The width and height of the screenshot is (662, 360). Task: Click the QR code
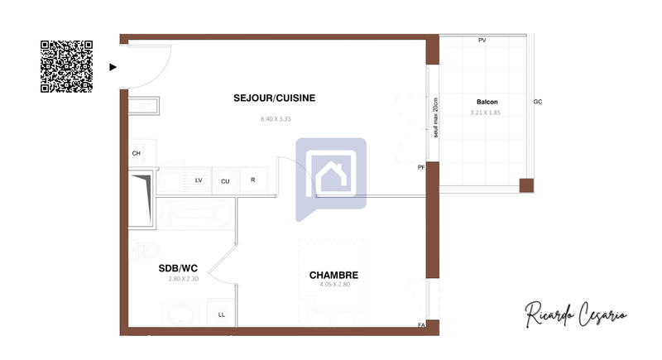coord(66,65)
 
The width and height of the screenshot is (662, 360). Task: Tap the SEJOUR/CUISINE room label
coord(274,98)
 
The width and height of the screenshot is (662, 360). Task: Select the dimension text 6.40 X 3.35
coord(276,119)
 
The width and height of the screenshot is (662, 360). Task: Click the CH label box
coord(136,153)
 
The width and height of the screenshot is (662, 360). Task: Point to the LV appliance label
coord(199,180)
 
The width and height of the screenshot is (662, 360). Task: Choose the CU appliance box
coord(225,180)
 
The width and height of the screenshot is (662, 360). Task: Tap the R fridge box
coord(252,180)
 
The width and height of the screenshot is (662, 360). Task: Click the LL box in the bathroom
coord(221,314)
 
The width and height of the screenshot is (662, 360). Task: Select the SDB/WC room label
coord(178,268)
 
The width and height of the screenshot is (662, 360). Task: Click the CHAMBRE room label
coord(333,275)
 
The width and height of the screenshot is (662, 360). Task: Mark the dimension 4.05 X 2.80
coord(335,286)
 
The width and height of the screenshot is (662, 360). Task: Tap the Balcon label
coord(487,102)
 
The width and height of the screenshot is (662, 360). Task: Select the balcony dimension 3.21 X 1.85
coord(486,113)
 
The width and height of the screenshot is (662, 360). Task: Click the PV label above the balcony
coord(482,41)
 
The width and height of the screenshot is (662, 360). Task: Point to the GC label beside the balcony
coord(538,102)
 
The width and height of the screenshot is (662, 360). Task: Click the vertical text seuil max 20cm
coord(435,117)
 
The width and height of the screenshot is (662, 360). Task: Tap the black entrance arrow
coord(113,67)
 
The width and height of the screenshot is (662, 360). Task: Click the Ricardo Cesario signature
coord(575,314)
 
